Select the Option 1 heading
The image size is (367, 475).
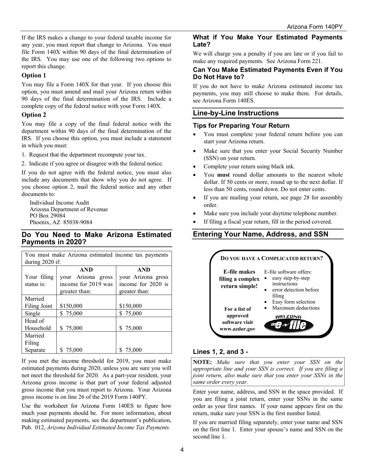point(34,75)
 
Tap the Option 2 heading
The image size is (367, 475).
point(34,115)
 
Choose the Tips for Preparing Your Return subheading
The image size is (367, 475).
point(241,126)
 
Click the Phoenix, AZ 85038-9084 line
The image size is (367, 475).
point(61,222)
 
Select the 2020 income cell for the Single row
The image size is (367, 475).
point(130,314)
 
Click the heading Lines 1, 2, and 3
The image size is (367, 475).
point(220,351)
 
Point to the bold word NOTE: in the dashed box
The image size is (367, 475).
point(202,362)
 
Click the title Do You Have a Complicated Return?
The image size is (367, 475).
point(272,258)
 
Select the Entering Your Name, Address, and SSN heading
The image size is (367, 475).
point(260,234)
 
